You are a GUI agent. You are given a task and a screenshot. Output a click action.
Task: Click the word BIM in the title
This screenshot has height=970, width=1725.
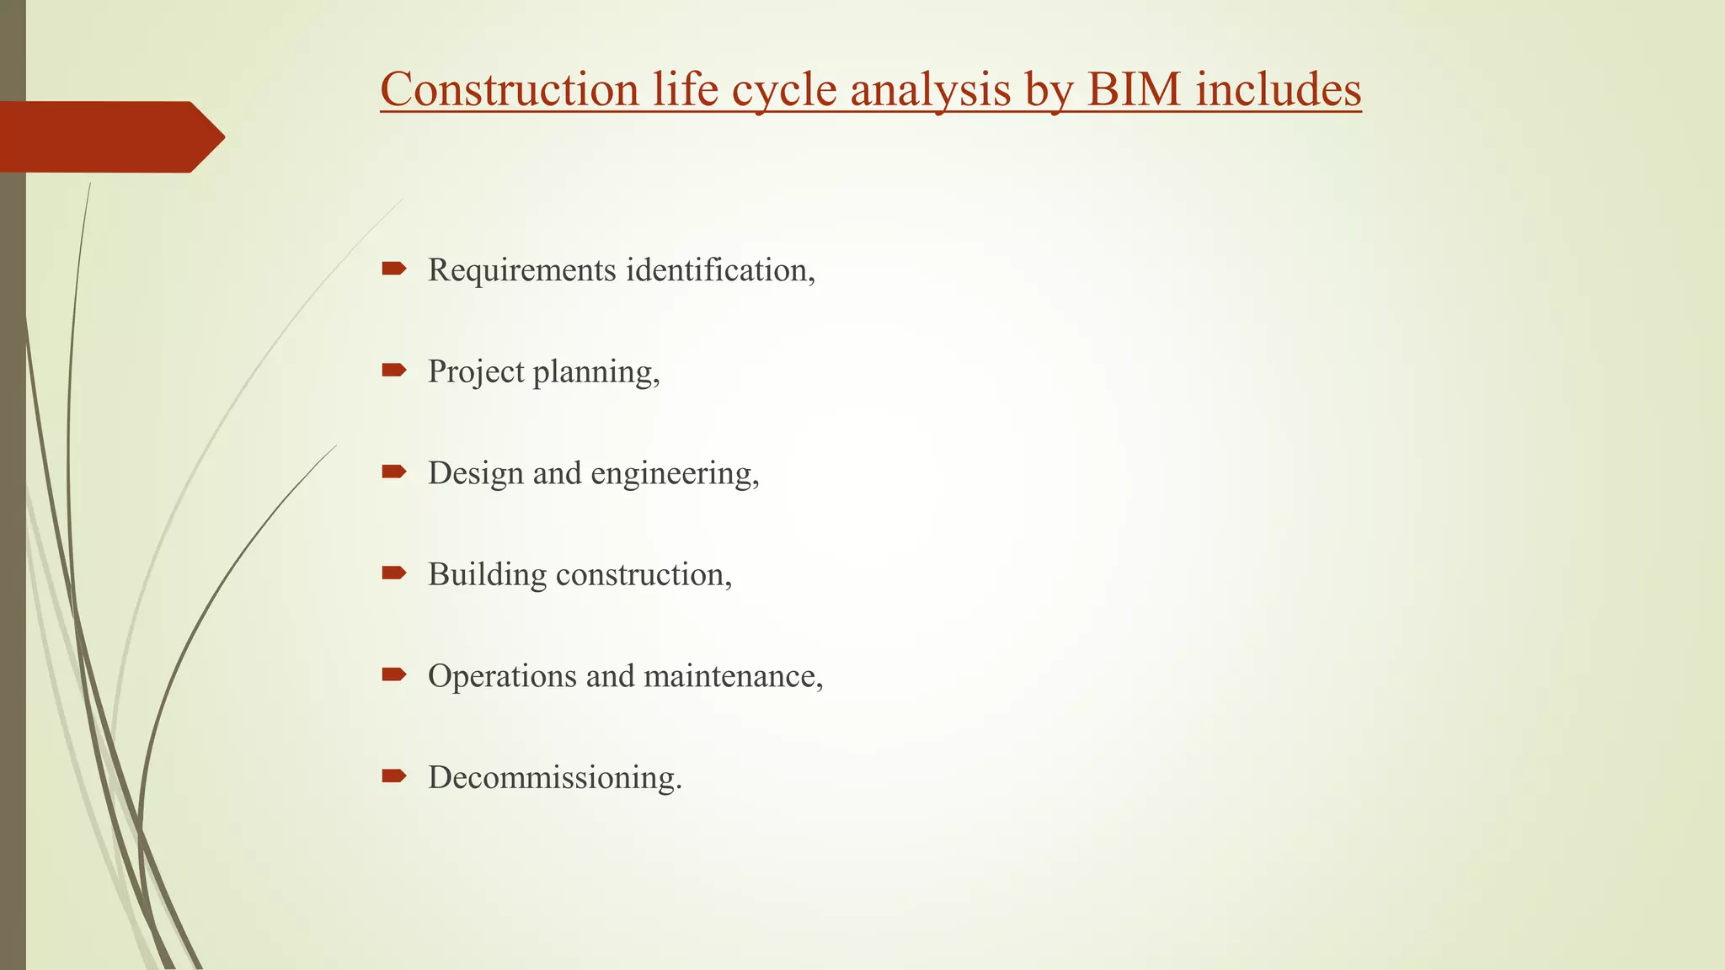[1134, 89]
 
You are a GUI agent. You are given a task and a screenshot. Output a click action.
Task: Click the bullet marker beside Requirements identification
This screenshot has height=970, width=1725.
[393, 269]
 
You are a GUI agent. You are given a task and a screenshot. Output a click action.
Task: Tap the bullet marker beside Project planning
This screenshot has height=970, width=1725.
[393, 370]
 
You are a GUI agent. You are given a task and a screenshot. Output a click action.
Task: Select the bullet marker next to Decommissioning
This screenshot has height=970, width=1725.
[393, 775]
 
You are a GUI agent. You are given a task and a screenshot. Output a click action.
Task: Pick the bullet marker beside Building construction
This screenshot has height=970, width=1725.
[393, 573]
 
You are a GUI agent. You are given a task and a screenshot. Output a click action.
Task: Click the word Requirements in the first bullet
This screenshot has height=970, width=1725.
[521, 271]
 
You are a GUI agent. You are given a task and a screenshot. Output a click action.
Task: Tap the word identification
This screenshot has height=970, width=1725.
[718, 269]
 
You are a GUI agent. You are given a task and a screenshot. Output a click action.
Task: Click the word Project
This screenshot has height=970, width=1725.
[476, 372]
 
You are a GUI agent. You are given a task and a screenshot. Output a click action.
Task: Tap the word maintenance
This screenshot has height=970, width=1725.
[730, 675]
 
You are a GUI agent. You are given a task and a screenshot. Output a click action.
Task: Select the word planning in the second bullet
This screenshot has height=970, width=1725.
[594, 372]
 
